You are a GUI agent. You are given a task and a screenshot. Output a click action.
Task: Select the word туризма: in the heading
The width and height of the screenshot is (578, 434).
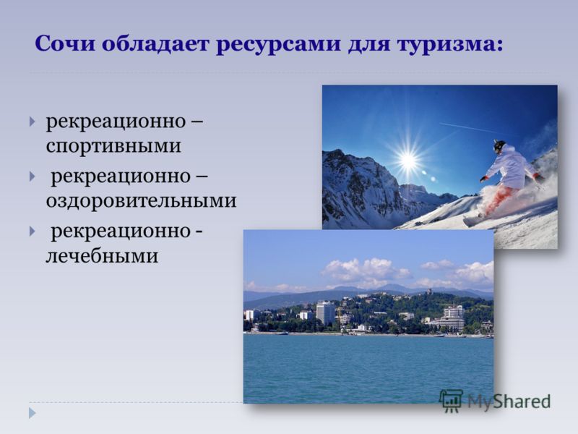(x=449, y=44)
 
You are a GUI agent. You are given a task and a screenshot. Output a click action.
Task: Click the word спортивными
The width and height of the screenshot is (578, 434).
(x=113, y=146)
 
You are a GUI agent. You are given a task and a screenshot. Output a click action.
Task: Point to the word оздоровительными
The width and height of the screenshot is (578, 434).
(x=141, y=201)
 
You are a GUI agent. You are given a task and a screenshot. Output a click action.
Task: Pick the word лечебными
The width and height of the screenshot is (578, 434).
(x=102, y=256)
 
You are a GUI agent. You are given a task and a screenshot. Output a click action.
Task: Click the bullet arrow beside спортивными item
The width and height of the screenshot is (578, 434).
(x=33, y=122)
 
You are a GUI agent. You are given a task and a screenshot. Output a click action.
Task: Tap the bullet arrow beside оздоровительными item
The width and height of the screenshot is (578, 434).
(x=33, y=176)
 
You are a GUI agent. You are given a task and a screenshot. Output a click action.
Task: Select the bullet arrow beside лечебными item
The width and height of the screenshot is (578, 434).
(x=33, y=231)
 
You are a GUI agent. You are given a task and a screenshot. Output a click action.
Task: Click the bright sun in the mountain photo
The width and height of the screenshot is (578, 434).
(x=407, y=159)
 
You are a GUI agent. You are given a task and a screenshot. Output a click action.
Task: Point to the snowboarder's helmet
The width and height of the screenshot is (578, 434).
(x=499, y=147)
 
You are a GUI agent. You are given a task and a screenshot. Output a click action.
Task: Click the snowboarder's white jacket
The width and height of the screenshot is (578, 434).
(x=510, y=167)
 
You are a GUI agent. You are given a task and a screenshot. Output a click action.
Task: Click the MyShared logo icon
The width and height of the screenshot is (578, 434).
(x=451, y=401)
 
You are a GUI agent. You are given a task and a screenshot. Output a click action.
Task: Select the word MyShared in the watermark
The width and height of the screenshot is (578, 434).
(x=509, y=401)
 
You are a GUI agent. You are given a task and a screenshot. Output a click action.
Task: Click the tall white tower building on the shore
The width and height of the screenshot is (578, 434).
(x=326, y=313)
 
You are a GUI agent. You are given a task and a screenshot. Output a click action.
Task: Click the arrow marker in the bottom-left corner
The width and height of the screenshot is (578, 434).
(x=33, y=413)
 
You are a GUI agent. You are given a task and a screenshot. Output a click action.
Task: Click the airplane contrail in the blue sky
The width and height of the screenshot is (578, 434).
(x=469, y=128)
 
